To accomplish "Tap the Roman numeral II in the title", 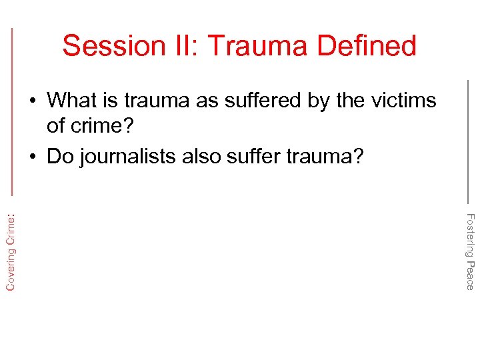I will (179, 46).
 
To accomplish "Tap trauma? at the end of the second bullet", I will (329, 156).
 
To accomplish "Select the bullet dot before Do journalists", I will (33, 157).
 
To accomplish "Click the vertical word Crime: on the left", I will (11, 227).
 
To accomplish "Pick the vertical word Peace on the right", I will (469, 276).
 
